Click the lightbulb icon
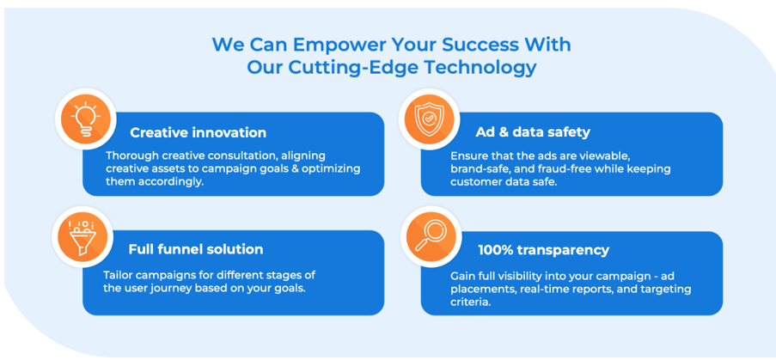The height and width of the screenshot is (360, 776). [85, 119]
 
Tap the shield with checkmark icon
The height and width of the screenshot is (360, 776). [429, 119]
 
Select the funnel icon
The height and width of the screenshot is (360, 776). [81, 237]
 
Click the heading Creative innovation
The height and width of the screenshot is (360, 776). [198, 132]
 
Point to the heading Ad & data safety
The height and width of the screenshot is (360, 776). [533, 132]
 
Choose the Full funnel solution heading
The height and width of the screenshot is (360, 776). [196, 249]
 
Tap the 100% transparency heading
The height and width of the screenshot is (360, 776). [543, 250]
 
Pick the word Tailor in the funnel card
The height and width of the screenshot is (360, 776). [117, 275]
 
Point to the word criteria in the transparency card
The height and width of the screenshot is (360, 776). [470, 302]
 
